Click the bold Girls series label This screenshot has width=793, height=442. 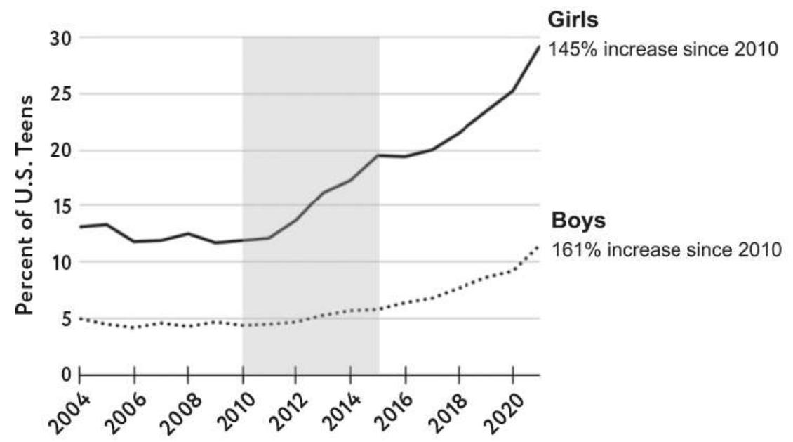point(573,20)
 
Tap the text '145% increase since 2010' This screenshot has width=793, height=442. point(663,50)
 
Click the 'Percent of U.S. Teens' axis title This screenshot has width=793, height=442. point(25,207)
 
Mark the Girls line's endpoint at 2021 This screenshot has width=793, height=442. point(539,46)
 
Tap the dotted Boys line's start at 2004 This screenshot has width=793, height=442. point(80,318)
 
